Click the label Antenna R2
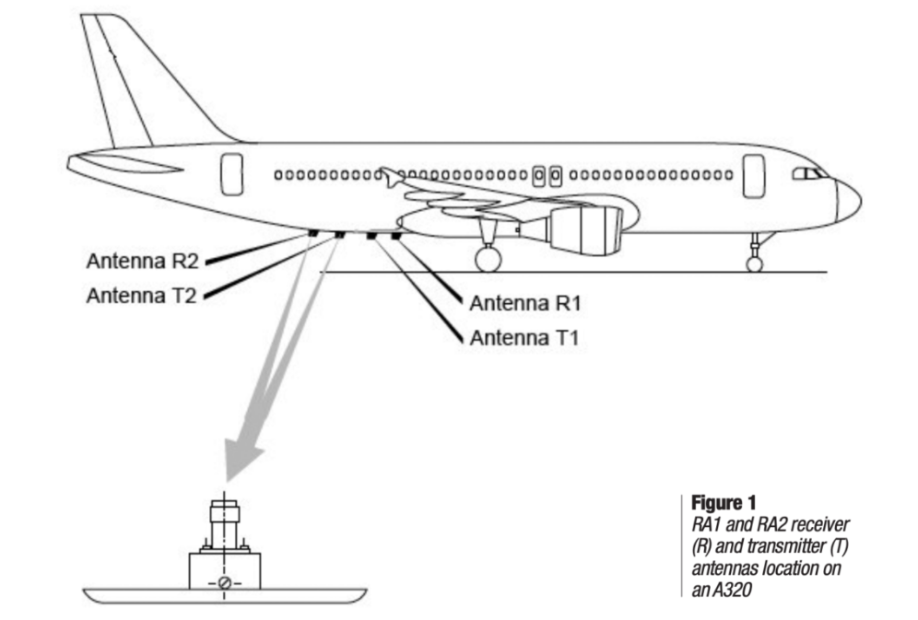click(x=142, y=260)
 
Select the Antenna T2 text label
click(x=142, y=296)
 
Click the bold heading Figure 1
click(x=724, y=503)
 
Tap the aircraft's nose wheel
click(x=755, y=264)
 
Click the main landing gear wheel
click(x=488, y=259)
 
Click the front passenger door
click(x=754, y=175)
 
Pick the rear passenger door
click(x=232, y=173)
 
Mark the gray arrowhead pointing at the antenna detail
click(x=241, y=460)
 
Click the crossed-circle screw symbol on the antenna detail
click(x=224, y=582)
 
